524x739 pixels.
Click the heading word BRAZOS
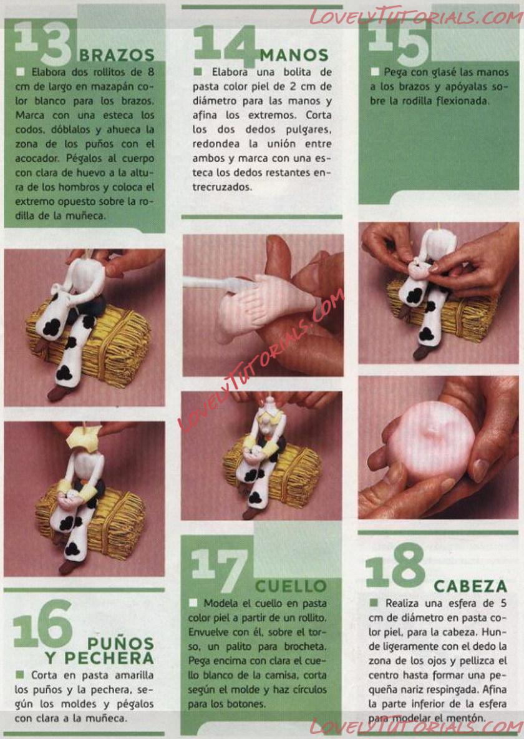[x=117, y=55]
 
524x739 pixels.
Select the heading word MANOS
[x=294, y=55]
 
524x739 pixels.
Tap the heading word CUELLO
[x=291, y=586]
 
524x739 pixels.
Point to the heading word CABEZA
[x=470, y=586]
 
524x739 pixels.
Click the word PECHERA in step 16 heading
[x=109, y=658]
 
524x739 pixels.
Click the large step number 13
[x=42, y=43]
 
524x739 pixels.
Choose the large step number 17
[x=220, y=571]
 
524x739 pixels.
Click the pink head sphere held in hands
[x=431, y=441]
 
